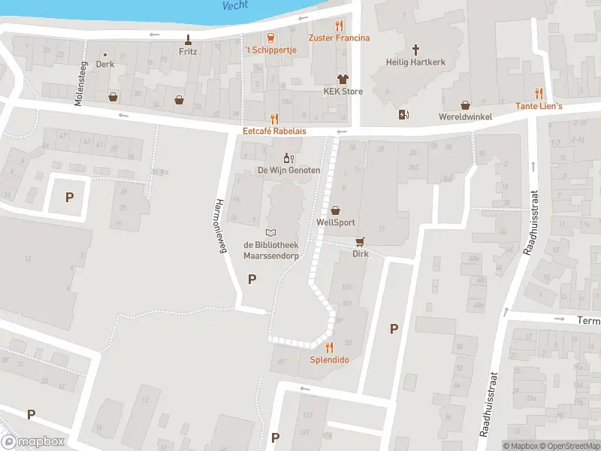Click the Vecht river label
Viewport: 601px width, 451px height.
click(235, 5)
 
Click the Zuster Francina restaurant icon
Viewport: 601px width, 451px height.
click(339, 25)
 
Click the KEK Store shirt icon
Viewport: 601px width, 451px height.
click(343, 79)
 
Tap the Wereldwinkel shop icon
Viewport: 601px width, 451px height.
click(465, 104)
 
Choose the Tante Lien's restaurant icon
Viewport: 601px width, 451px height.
click(539, 94)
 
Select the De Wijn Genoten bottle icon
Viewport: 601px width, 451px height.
click(286, 158)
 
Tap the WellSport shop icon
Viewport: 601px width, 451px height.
click(335, 210)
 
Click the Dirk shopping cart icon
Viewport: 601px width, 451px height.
click(361, 242)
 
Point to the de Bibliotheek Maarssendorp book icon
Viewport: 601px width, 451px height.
click(271, 232)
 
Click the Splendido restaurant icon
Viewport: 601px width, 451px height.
click(329, 347)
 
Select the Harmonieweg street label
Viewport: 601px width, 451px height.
click(221, 228)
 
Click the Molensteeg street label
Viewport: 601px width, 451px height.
click(79, 83)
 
